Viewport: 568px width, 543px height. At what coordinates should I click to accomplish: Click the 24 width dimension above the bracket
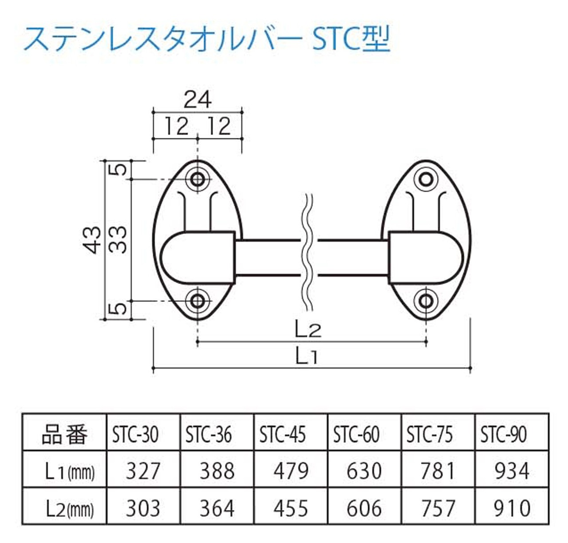coord(197,100)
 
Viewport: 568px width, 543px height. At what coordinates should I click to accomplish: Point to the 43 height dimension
coord(93,240)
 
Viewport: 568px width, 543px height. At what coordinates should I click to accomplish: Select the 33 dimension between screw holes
coord(118,240)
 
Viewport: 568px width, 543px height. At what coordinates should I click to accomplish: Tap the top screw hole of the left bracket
coord(197,179)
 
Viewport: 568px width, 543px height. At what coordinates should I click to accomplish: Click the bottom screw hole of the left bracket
coord(197,302)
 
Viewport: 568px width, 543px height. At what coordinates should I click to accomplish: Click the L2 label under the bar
coord(308,330)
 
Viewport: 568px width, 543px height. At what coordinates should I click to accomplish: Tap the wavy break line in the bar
coord(309,253)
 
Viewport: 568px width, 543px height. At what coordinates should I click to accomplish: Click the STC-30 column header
coord(135,434)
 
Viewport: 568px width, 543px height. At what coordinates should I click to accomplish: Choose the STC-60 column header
coord(356,434)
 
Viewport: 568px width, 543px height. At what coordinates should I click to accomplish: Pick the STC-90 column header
coord(504,434)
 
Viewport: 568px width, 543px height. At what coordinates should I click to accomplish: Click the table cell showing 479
coord(291,471)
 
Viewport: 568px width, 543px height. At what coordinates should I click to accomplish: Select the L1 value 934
coord(512,471)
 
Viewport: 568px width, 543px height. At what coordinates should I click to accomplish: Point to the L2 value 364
coord(217,508)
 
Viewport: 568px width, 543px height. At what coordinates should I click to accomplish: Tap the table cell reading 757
coord(438,508)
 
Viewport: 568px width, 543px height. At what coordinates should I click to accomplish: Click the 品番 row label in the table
coord(65,434)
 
